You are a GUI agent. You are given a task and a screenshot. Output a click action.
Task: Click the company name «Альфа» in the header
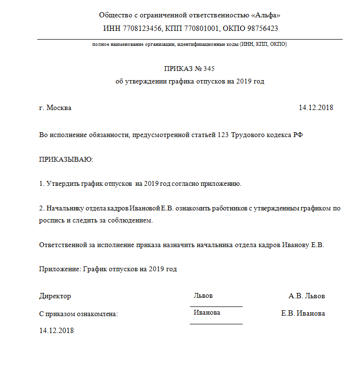(266, 15)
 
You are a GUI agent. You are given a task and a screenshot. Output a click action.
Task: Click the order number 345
(208, 69)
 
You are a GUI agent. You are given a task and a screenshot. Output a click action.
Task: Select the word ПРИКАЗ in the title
(178, 69)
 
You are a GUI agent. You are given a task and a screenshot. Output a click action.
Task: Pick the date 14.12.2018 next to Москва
(316, 108)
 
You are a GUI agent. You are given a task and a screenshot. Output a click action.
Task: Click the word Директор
(55, 296)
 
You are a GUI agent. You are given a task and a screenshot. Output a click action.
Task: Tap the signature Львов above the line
(203, 295)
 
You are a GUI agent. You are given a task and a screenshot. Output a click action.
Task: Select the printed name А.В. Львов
(307, 296)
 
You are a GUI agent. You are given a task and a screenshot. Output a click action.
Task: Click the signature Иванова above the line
(207, 313)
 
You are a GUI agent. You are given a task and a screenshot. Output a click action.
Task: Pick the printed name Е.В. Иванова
(303, 313)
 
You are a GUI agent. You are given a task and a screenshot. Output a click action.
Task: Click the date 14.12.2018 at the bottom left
(56, 331)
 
